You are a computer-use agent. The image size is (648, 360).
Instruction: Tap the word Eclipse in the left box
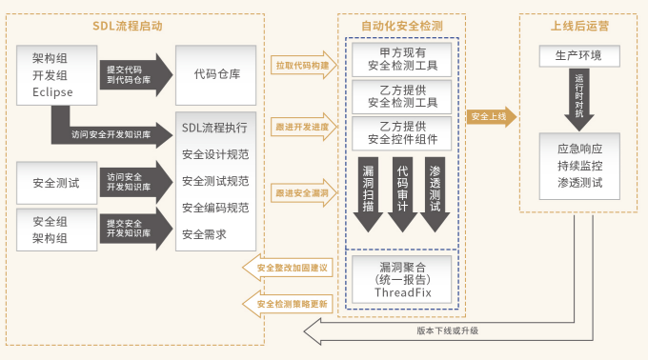(51, 92)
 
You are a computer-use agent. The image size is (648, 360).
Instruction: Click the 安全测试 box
(51, 181)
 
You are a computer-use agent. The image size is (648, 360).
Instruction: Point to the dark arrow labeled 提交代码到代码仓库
(132, 72)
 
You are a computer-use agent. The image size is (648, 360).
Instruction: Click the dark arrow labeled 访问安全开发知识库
(132, 181)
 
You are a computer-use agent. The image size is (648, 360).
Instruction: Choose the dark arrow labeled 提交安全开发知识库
(132, 229)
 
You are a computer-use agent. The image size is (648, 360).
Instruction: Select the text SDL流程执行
(213, 127)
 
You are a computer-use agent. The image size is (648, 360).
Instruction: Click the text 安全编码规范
(215, 207)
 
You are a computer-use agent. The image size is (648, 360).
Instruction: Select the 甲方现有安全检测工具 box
(402, 60)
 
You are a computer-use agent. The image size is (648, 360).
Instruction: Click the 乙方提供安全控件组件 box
(402, 134)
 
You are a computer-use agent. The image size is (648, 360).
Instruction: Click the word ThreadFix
(402, 293)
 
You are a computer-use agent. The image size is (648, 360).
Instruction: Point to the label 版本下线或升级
(447, 330)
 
